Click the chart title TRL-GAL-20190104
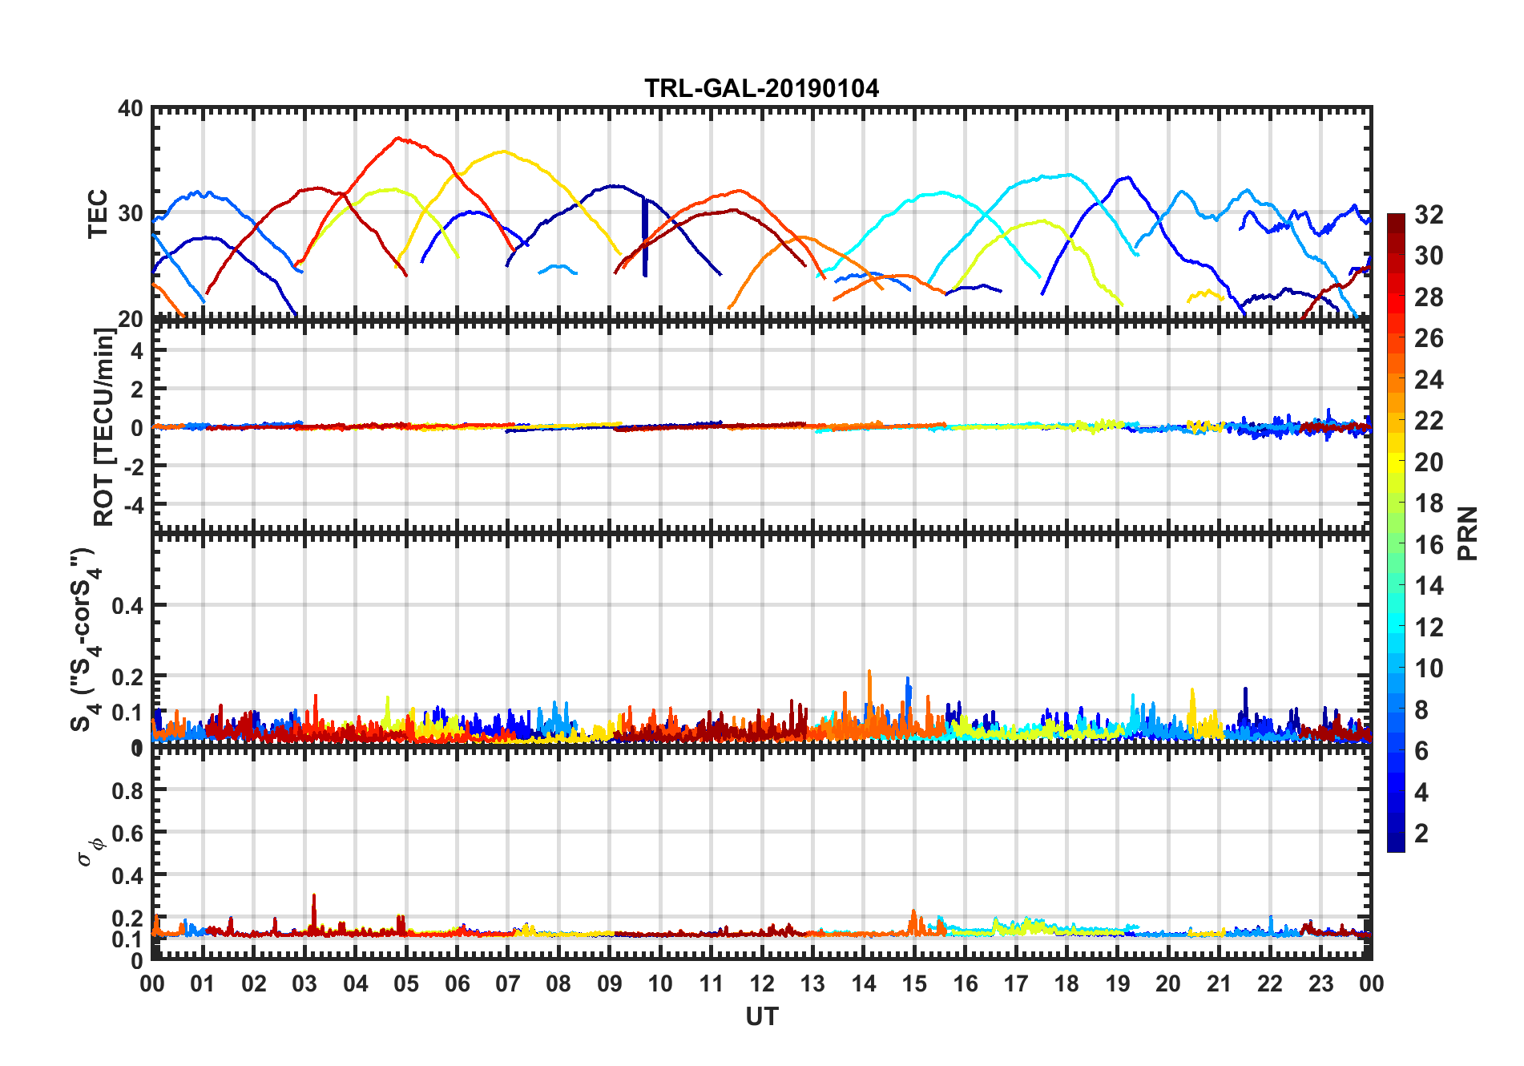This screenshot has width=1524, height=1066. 761,88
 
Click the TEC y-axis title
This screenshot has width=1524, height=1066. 98,213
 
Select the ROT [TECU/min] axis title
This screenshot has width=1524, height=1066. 104,426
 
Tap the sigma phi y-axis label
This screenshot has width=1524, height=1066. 90,851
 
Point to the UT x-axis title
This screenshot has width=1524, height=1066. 761,1016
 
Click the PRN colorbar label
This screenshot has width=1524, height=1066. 1468,533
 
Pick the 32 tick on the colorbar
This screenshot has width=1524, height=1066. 1429,215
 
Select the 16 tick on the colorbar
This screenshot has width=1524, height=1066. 1429,545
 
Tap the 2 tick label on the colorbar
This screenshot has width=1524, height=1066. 1421,834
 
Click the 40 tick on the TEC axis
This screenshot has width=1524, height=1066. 131,109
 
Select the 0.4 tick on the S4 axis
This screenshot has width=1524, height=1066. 128,606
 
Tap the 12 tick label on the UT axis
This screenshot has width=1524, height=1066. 761,983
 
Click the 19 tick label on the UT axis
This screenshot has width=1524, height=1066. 1117,983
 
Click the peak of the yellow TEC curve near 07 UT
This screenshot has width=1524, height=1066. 503,151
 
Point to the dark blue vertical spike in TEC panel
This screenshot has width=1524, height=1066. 644,237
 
